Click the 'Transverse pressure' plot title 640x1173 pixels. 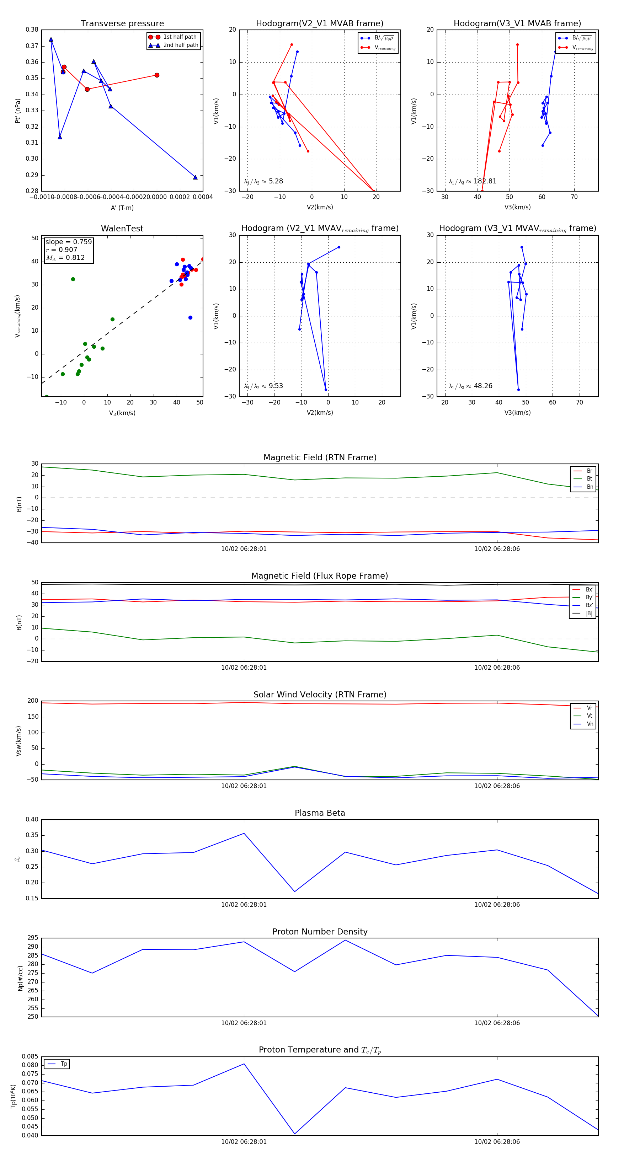click(x=122, y=24)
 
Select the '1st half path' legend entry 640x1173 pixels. click(x=180, y=37)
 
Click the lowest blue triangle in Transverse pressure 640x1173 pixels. click(x=196, y=177)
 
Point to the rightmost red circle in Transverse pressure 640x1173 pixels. click(x=157, y=75)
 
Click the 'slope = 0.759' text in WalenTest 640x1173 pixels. click(x=68, y=242)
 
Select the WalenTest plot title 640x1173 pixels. click(x=122, y=229)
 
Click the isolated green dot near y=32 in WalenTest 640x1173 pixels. click(x=73, y=279)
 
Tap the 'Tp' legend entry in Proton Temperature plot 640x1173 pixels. click(x=64, y=1064)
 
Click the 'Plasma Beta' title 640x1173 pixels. click(x=320, y=813)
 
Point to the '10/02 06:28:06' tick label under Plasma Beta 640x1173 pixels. click(x=497, y=905)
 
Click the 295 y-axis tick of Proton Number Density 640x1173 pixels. click(x=33, y=938)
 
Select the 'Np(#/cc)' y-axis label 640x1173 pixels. click(x=20, y=978)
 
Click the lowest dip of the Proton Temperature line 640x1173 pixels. click(x=295, y=1134)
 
